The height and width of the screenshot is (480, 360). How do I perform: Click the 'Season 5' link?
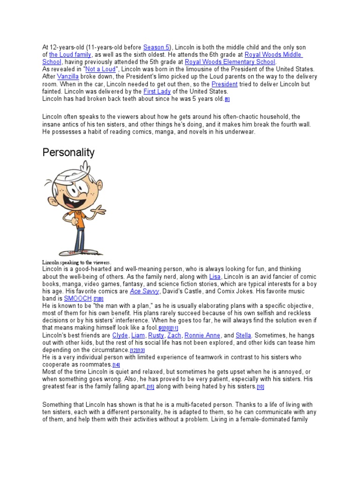[x=157, y=48]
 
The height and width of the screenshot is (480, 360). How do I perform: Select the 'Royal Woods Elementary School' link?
[x=230, y=62]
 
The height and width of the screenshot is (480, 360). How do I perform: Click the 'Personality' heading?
[x=68, y=152]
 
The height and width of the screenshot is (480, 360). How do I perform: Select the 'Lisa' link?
[x=215, y=277]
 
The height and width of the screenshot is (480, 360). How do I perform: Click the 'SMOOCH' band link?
[x=78, y=298]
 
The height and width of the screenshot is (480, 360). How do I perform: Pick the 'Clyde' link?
[x=120, y=335]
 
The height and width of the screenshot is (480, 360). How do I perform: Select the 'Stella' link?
[x=244, y=335]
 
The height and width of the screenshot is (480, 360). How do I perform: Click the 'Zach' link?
[x=174, y=335]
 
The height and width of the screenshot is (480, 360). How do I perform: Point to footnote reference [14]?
[x=116, y=365]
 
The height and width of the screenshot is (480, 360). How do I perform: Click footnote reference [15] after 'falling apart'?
[x=150, y=387]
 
